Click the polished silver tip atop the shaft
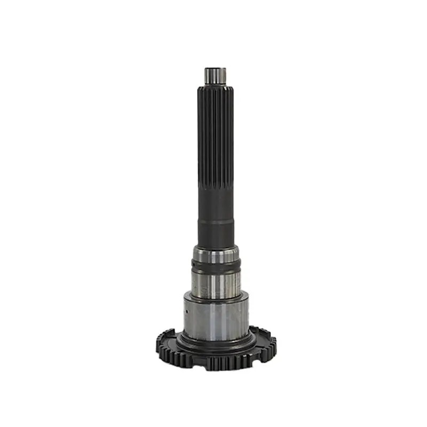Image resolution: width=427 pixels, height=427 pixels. (x=215, y=75)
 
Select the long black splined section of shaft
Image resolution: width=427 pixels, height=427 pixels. (x=216, y=149)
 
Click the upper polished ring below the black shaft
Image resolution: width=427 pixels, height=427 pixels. (x=216, y=255)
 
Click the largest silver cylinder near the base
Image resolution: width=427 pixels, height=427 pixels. (x=216, y=318)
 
